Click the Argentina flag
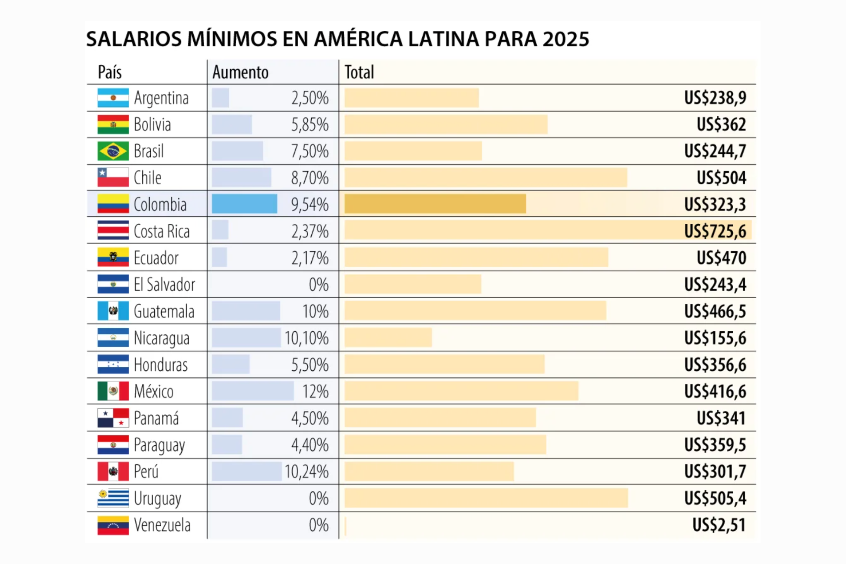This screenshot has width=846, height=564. [x=113, y=98]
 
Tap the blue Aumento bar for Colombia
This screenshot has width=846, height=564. [x=244, y=204]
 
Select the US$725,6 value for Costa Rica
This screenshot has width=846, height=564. [x=715, y=231]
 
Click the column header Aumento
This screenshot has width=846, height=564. [x=240, y=72]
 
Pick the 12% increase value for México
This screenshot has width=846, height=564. [x=316, y=391]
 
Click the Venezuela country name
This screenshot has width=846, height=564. [x=162, y=525]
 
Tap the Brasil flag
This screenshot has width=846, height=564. [x=113, y=151]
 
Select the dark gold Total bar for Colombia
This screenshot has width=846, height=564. [x=435, y=204]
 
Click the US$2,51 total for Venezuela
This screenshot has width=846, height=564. [x=719, y=525]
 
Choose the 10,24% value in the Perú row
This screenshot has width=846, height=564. [x=306, y=471]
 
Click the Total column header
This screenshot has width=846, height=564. [x=359, y=72]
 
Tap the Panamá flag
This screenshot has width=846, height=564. [x=113, y=418]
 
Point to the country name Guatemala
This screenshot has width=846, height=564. [x=164, y=312]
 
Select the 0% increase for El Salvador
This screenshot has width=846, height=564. [x=319, y=284]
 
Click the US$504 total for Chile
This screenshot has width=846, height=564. [x=721, y=178]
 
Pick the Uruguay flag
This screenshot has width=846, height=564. [x=113, y=498]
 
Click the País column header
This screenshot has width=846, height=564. [x=110, y=72]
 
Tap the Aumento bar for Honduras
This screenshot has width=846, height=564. [x=231, y=364]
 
